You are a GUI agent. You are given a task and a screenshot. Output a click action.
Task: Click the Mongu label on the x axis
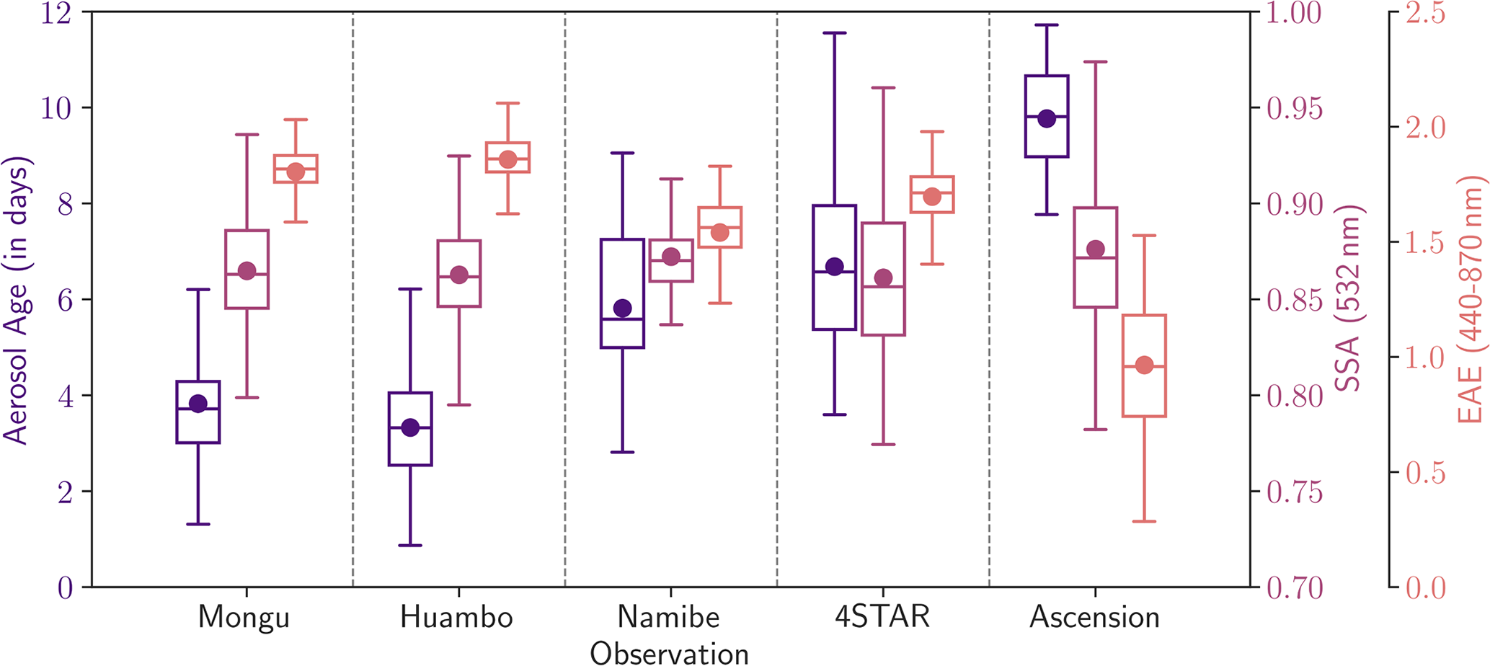point(244,618)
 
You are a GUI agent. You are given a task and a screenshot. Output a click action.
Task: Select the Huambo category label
point(456,618)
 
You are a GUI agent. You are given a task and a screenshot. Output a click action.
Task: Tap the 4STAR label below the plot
point(882,617)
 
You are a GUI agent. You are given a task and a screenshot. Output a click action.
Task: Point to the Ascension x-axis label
point(1094,618)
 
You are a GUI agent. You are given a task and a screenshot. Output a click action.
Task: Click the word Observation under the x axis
point(669,653)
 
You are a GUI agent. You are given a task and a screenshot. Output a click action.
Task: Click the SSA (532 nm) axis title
point(1347,298)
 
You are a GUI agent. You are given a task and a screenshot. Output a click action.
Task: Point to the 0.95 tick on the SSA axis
point(1295,109)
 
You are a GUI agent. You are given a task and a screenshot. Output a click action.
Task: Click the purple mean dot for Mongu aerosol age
point(198,404)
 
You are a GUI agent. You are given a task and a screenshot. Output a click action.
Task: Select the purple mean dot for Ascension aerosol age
point(1047,119)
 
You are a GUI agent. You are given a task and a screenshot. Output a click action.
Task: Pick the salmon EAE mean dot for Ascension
point(1144,365)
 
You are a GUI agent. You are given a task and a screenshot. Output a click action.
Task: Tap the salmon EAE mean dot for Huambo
point(507,159)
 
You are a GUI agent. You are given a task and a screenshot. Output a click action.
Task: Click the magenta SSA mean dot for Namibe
point(671,257)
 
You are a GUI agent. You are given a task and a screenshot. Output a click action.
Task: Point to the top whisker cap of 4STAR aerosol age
point(835,33)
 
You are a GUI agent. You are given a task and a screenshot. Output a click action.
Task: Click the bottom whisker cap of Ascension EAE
point(1144,521)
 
